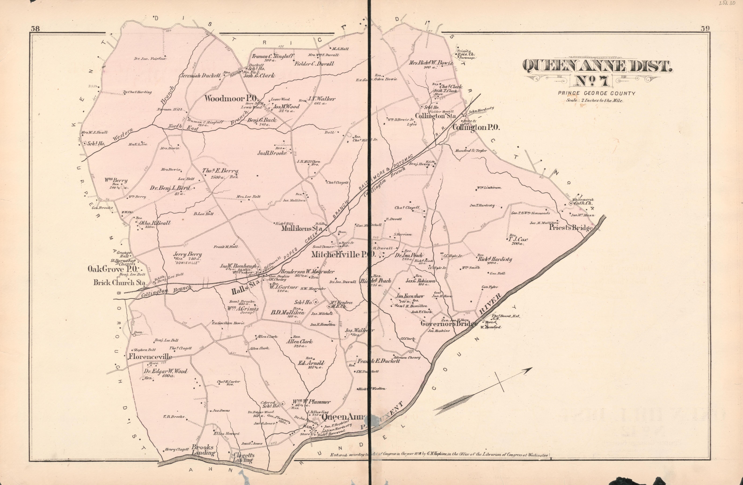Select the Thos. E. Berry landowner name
click(220, 171)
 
